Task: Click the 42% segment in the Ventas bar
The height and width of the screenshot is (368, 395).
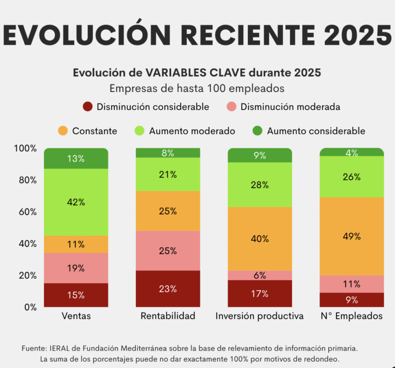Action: point(76,202)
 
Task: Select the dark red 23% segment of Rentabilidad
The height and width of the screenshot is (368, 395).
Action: point(168,289)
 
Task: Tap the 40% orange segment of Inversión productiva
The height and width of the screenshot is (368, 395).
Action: point(260,239)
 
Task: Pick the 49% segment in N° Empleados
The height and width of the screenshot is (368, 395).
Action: point(352,236)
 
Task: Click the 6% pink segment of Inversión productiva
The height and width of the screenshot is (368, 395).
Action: point(260,275)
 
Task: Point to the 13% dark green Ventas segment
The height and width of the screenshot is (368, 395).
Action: point(76,158)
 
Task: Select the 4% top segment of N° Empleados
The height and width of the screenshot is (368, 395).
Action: point(352,152)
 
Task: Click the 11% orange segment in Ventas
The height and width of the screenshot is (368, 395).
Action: point(76,244)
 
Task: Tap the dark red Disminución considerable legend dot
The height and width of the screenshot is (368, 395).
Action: point(88,107)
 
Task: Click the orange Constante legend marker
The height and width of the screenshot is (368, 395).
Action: point(62,131)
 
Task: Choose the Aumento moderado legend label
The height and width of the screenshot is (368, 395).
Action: point(192,131)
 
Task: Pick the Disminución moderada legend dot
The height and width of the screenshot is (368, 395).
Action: point(231,107)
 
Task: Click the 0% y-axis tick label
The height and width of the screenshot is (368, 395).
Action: point(30,307)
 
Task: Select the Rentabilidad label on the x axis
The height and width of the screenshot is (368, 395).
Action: point(168,316)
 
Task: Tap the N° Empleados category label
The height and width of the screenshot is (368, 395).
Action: point(352,316)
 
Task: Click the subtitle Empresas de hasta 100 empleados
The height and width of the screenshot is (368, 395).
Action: point(197,88)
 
